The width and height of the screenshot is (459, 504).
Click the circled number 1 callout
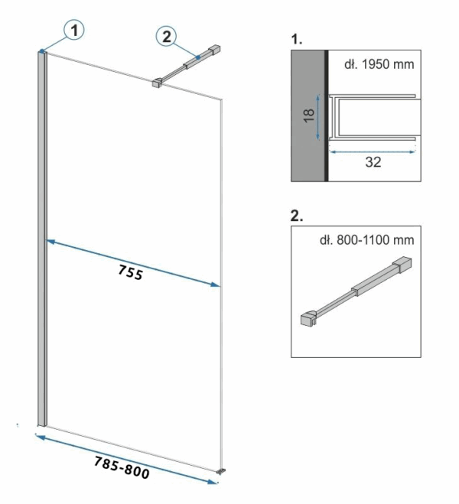(74, 31)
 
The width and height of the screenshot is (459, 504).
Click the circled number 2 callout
(166, 36)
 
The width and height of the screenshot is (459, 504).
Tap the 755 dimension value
(130, 272)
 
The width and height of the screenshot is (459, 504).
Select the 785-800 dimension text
(122, 468)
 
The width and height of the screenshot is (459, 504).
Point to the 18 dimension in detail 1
(309, 115)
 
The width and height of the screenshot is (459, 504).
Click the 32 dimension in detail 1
(373, 162)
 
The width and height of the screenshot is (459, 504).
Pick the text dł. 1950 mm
(379, 64)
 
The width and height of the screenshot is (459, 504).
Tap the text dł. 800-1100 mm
(366, 240)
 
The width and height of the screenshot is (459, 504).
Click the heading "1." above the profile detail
(296, 39)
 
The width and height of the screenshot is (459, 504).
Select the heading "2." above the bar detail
(296, 216)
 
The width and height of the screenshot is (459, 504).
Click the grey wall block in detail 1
(308, 115)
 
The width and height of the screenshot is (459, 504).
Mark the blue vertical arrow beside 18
(318, 117)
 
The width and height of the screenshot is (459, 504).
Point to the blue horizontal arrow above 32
(373, 152)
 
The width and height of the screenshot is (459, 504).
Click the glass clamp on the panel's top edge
(157, 83)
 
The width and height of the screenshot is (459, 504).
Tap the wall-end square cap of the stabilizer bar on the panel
(214, 49)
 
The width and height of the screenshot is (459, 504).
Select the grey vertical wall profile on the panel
(42, 239)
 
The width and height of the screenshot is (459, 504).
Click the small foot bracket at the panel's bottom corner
(221, 472)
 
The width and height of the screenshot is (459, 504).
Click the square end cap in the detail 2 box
(402, 265)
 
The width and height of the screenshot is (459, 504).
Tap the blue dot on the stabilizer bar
(198, 57)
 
